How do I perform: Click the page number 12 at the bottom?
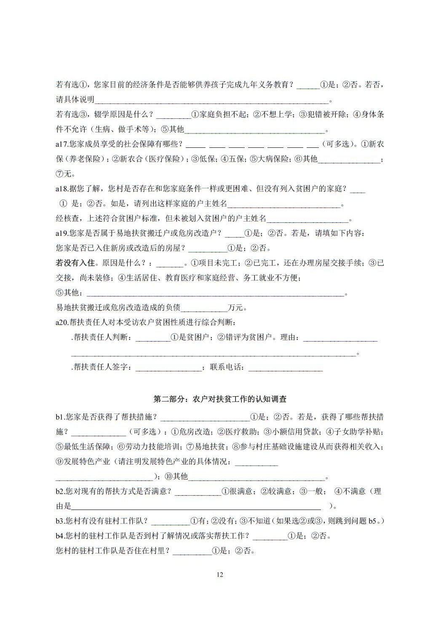point(219,575)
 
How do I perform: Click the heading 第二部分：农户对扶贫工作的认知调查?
point(220,399)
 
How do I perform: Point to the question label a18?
point(61,189)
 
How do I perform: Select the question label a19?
point(61,233)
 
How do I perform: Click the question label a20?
point(61,323)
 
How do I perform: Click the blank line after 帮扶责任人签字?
point(168,368)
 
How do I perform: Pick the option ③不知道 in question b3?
point(255,521)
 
